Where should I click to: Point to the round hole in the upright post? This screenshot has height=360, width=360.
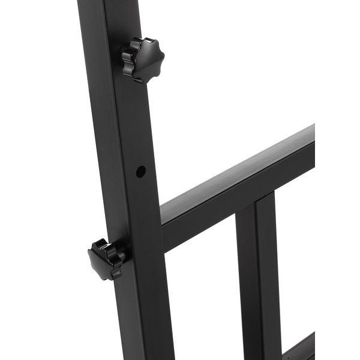click(x=140, y=172)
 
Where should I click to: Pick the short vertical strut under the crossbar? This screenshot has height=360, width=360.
click(x=258, y=276)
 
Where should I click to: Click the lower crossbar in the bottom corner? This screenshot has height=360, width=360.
click(x=300, y=348)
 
